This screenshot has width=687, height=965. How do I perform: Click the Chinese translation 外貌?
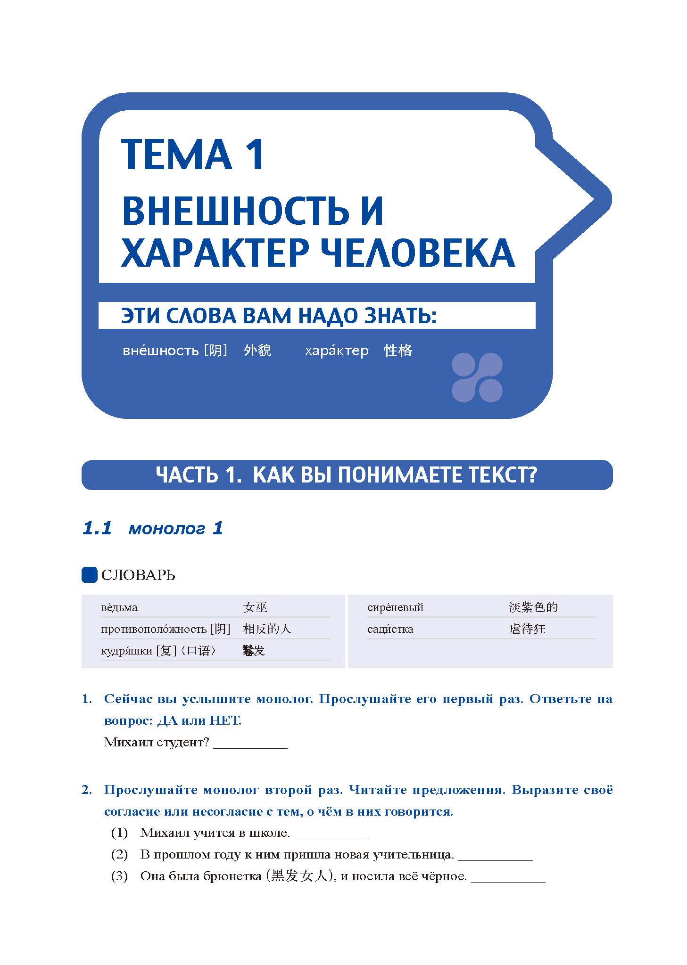257,351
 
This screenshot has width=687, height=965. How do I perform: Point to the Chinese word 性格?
398,351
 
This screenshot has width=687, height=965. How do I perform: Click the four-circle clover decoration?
477,377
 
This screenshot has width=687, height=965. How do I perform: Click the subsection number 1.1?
97,528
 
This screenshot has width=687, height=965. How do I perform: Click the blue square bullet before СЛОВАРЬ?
89,575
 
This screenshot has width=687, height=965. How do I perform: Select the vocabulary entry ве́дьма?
119,607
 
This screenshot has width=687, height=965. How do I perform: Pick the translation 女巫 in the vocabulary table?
255,607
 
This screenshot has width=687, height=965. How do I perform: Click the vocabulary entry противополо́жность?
154,629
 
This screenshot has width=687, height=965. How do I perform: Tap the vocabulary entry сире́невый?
395,607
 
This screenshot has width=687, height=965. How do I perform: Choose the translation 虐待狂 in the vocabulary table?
527,629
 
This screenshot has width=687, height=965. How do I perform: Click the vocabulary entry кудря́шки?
126,651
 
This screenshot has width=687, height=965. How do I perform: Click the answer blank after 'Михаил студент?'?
250,743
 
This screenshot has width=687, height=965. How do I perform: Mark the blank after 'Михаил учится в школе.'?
331,834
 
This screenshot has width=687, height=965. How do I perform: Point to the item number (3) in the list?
119,876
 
